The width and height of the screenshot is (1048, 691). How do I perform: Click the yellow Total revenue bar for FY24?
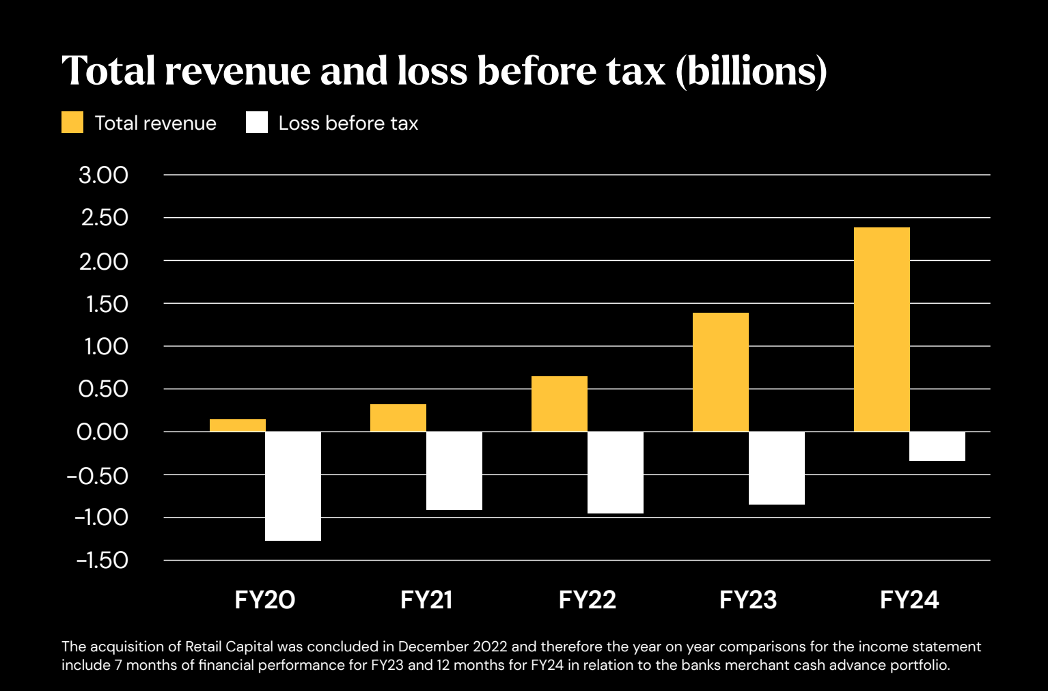[x=881, y=329]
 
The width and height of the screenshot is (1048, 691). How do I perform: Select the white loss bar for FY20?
[x=293, y=486]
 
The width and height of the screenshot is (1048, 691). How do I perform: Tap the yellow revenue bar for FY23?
[x=720, y=372]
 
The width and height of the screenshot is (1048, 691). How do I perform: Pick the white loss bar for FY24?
[x=937, y=447]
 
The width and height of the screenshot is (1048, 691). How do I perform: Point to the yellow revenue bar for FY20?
[x=238, y=425]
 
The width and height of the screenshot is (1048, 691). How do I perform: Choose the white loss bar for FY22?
[x=615, y=473]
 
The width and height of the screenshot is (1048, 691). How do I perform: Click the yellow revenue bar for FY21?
[x=398, y=418]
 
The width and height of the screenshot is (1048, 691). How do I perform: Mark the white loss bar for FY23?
[x=776, y=468]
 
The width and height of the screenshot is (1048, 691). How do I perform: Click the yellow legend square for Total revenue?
[x=72, y=123]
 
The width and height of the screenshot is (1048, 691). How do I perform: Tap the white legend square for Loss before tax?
[x=257, y=123]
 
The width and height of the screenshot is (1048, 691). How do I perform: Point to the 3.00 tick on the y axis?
[x=103, y=175]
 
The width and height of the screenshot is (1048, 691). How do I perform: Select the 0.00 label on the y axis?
[x=103, y=432]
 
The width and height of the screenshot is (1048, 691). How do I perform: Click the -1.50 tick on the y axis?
[x=102, y=561]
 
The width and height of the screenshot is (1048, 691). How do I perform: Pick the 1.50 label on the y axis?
[x=107, y=304]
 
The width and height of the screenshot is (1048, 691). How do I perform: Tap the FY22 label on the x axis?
[x=588, y=600]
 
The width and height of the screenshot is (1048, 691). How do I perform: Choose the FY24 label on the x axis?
[x=909, y=600]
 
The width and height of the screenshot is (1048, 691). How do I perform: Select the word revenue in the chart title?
[x=237, y=71]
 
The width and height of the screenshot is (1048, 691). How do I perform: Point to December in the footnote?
[x=430, y=647]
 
